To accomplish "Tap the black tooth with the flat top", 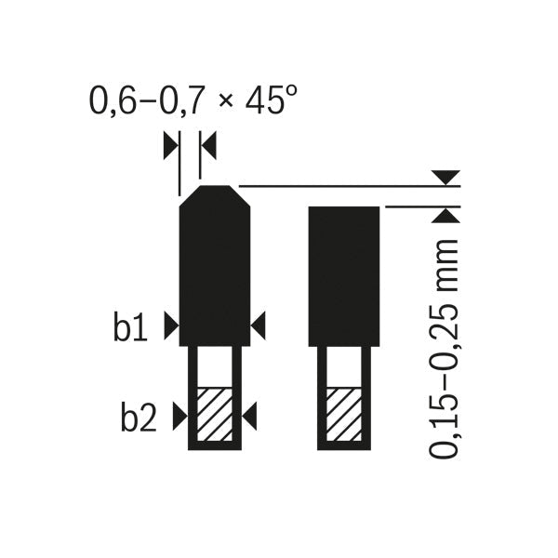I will (343, 274).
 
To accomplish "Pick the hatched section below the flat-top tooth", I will (343, 413).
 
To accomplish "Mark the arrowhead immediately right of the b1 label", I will (170, 325).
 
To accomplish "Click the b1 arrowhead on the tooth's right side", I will (259, 325).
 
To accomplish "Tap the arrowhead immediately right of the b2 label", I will (179, 418).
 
